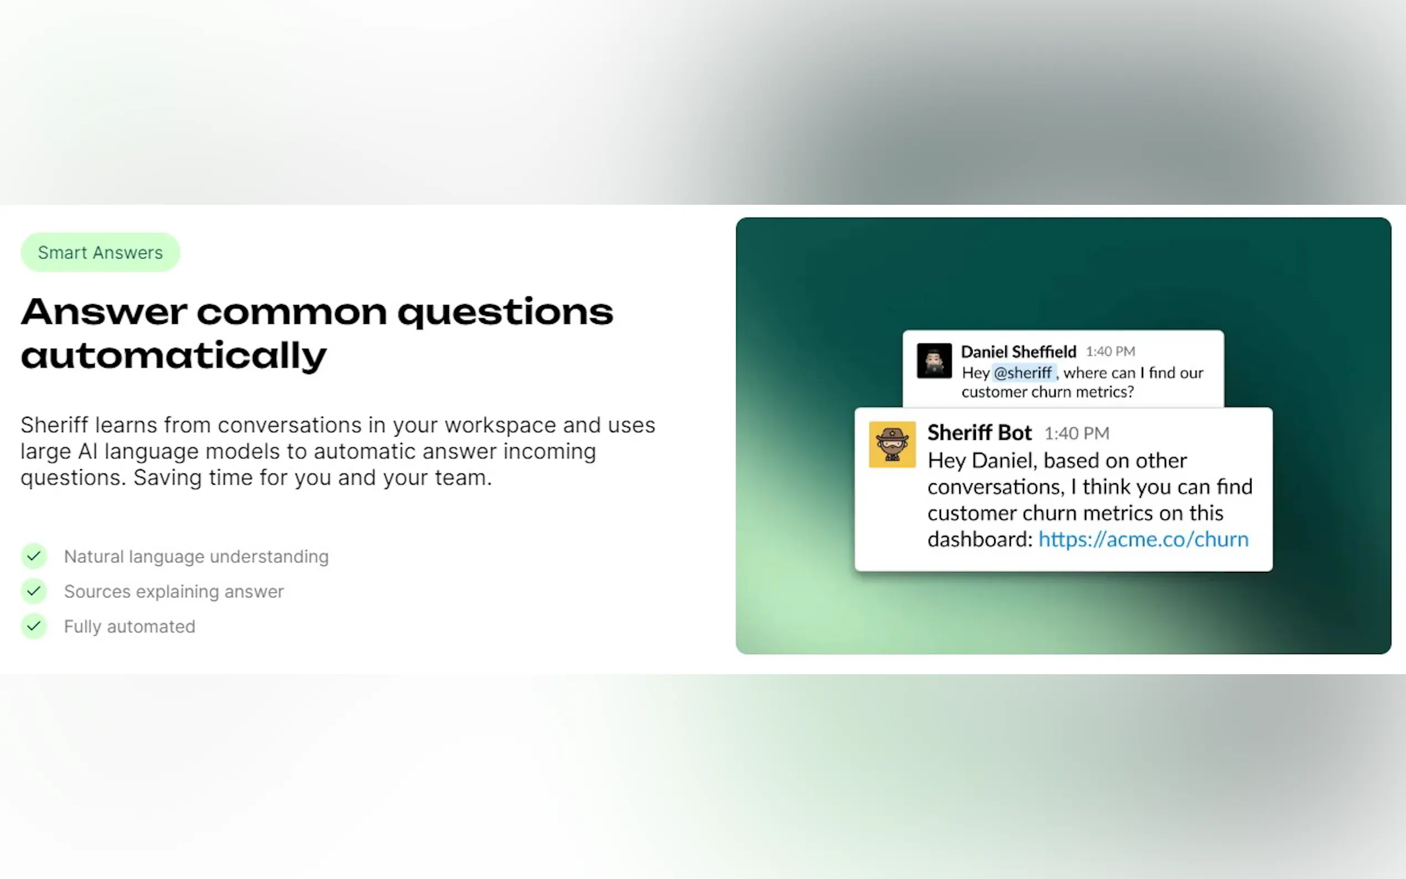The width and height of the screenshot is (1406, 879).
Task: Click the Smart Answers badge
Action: [x=100, y=252]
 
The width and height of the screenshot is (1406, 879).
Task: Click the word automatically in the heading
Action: [x=174, y=356]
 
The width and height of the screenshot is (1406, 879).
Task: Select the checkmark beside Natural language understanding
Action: [x=34, y=556]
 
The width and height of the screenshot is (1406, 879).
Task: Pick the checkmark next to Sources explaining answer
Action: [x=34, y=591]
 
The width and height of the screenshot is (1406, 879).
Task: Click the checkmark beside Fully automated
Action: [x=34, y=626]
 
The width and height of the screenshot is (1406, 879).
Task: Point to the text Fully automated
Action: [x=130, y=627]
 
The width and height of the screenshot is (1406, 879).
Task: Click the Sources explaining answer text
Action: [x=174, y=592]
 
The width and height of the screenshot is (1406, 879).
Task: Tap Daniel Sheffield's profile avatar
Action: [x=934, y=360]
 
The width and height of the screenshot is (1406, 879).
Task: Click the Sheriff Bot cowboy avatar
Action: [x=892, y=444]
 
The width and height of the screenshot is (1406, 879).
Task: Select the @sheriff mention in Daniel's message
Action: [x=1024, y=373]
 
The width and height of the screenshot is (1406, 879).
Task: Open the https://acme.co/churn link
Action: [x=1143, y=540]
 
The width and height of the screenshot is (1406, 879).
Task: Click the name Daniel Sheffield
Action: [x=1019, y=351]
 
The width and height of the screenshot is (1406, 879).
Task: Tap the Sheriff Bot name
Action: [x=979, y=432]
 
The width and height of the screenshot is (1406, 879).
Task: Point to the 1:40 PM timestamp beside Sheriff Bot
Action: [x=1077, y=433]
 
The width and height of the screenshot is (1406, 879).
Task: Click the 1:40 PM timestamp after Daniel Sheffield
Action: [x=1110, y=351]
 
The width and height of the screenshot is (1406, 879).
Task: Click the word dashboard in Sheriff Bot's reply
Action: [x=979, y=540]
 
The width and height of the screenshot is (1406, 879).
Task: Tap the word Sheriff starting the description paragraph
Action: [x=55, y=425]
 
